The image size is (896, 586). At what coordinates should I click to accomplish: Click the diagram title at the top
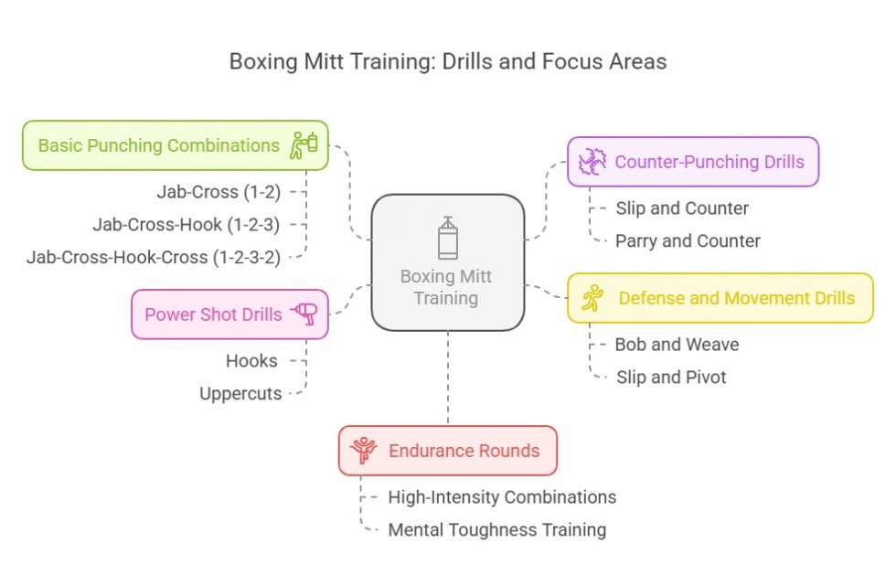(x=448, y=62)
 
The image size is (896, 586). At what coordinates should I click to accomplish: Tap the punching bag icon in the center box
(x=447, y=239)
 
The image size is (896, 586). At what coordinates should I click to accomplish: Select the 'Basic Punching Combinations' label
(x=159, y=145)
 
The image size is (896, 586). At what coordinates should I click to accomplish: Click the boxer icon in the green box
(x=304, y=144)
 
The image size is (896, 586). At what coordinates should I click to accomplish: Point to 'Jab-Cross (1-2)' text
(x=219, y=192)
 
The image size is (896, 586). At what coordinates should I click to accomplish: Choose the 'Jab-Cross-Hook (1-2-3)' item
(x=187, y=225)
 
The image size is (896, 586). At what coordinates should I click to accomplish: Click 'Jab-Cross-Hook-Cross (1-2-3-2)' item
(x=154, y=257)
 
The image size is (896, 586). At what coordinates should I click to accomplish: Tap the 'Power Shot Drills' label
(x=213, y=314)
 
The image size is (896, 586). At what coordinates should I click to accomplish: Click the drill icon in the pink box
(x=304, y=314)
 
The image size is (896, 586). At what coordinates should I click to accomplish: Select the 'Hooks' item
(x=251, y=361)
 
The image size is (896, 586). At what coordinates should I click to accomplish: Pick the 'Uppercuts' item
(x=240, y=394)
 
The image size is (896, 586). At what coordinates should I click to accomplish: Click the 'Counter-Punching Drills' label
(x=709, y=162)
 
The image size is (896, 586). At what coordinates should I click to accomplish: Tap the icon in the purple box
(x=592, y=162)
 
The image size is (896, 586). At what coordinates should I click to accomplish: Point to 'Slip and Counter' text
(x=682, y=208)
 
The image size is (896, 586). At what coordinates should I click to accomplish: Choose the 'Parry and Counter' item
(x=688, y=241)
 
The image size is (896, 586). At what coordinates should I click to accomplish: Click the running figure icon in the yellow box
(x=592, y=298)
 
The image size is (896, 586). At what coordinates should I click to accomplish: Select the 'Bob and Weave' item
(x=677, y=345)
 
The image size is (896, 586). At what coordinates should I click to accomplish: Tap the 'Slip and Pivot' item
(x=670, y=378)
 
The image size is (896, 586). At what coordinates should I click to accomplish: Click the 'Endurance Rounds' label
(x=464, y=451)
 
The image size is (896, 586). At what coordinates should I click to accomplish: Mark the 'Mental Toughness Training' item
(x=496, y=529)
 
